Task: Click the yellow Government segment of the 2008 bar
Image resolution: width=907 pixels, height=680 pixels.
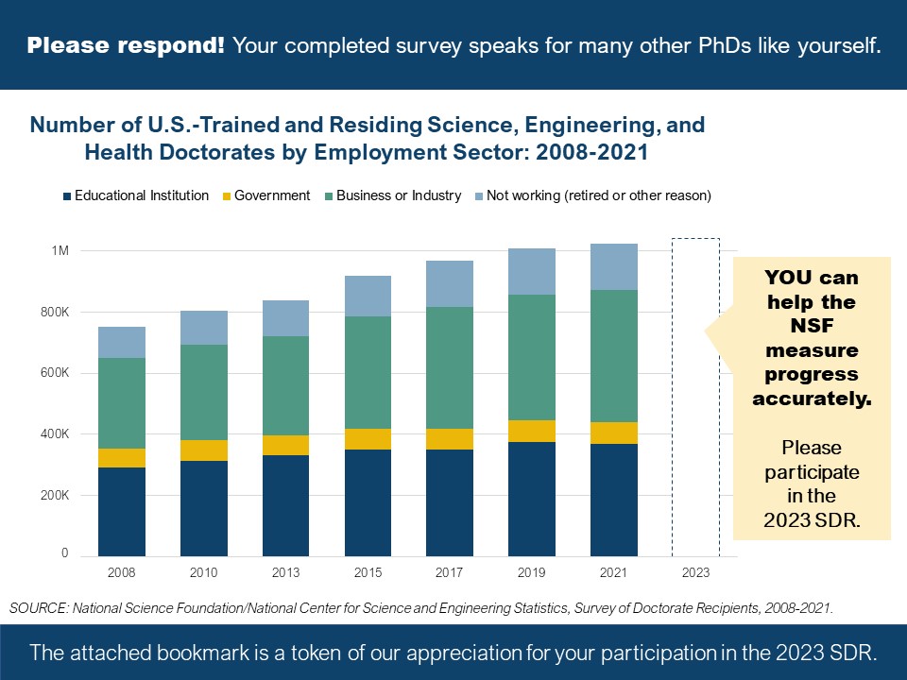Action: click(x=122, y=457)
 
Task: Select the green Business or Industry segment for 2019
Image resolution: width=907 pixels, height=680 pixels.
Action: click(x=532, y=357)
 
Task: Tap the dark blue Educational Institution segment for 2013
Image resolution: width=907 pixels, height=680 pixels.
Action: click(x=286, y=505)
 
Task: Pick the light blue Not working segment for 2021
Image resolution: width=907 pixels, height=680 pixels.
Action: click(x=614, y=266)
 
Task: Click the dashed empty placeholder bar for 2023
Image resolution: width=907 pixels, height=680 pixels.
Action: click(x=695, y=397)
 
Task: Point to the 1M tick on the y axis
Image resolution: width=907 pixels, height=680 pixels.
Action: click(x=60, y=251)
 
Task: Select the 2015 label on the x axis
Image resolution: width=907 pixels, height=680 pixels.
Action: click(x=368, y=573)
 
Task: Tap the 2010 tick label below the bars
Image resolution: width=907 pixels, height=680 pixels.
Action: click(x=203, y=573)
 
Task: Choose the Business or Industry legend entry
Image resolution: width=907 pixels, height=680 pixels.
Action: click(x=398, y=195)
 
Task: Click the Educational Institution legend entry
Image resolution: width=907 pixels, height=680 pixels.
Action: click(x=141, y=195)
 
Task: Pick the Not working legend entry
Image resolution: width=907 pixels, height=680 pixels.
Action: click(x=598, y=195)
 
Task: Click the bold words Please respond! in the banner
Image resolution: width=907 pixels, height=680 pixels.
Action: click(x=126, y=44)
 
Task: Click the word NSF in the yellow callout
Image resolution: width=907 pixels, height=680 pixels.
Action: click(x=812, y=327)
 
